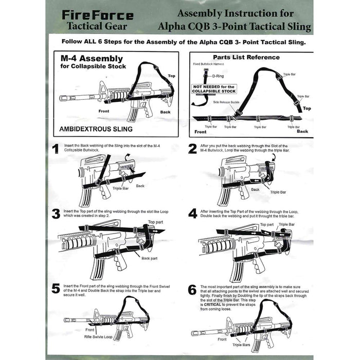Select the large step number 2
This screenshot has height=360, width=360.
192,149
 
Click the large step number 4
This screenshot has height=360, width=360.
192,213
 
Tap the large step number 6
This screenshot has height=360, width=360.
192,289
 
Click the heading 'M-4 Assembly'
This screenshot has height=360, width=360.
92,59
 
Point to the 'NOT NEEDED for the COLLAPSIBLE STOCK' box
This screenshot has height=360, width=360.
213,89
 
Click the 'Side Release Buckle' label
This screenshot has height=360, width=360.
226,102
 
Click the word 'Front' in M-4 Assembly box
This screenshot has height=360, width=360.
104,111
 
